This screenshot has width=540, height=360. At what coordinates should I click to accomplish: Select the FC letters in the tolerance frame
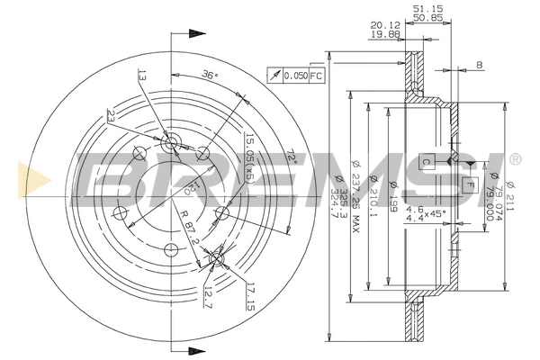pyautogui.click(x=316, y=76)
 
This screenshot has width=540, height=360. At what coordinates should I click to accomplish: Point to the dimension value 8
pyautogui.click(x=480, y=64)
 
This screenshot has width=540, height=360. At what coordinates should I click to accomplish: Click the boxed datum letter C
pyautogui.click(x=427, y=161)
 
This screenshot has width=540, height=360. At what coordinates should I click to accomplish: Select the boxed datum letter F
pyautogui.click(x=468, y=184)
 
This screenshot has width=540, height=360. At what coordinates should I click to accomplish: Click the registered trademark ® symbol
pyautogui.click(x=514, y=159)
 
